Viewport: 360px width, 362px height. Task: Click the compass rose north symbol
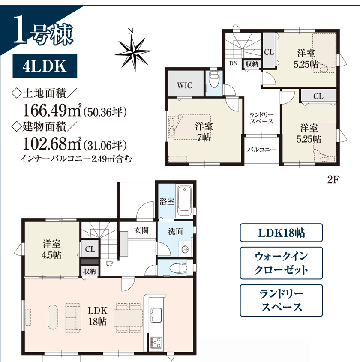[x=133, y=51]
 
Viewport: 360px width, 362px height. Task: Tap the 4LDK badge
[x=45, y=66]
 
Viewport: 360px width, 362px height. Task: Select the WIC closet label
[x=185, y=85]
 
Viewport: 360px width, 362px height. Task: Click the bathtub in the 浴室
[x=184, y=200]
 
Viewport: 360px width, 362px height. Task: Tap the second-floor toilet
[x=213, y=79]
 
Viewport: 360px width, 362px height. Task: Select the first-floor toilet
[x=178, y=268]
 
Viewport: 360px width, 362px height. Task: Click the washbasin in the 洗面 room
[x=185, y=249]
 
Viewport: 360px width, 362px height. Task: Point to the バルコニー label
[x=261, y=150]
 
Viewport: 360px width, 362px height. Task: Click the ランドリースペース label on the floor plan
[x=261, y=118]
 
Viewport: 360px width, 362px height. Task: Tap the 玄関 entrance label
[x=141, y=230]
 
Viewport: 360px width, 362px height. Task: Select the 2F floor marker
[x=333, y=180]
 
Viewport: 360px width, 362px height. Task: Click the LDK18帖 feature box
[x=281, y=233]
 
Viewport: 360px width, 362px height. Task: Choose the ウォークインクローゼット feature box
[x=281, y=263]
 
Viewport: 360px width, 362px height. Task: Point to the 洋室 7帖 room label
[x=204, y=132]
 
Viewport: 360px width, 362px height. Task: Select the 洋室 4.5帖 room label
[x=51, y=249]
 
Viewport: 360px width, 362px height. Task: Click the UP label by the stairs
[x=109, y=263]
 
